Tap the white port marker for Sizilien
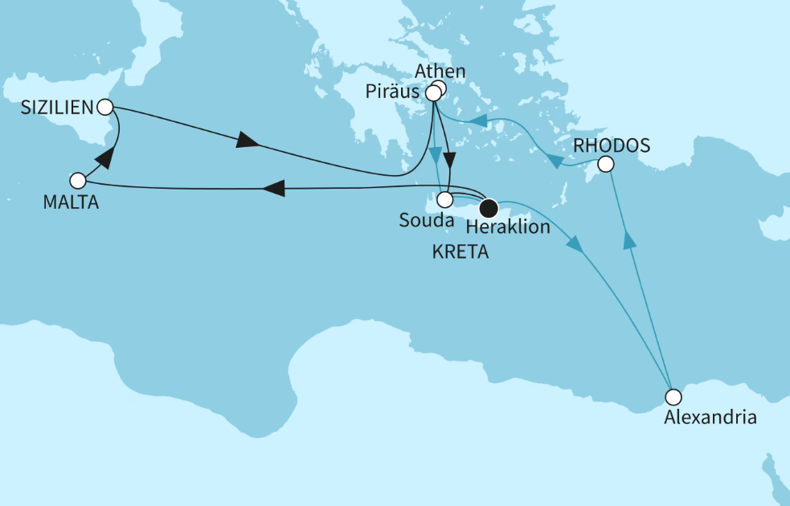104,106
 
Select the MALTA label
71,202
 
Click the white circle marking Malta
77,180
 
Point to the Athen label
440,71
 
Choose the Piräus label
392,95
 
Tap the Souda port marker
444,199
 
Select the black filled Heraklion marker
488,206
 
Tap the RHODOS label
611,146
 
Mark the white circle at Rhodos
606,165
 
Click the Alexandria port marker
673,396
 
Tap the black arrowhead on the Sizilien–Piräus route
248,144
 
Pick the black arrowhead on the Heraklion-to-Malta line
274,188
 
